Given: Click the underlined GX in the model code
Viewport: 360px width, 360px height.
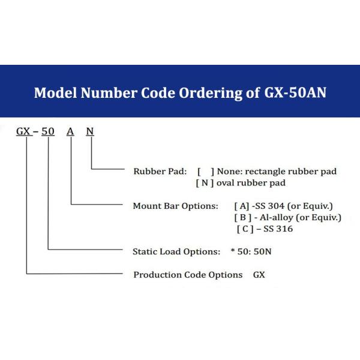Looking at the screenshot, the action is pyautogui.click(x=23, y=131).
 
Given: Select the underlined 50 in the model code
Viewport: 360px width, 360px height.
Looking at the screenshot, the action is pyautogui.click(x=48, y=131).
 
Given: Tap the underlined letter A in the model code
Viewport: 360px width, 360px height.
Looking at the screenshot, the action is pyautogui.click(x=70, y=131).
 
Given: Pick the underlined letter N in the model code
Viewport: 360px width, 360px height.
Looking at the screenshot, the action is pyautogui.click(x=90, y=131).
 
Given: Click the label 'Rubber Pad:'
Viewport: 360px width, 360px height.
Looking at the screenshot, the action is pyautogui.click(x=160, y=171).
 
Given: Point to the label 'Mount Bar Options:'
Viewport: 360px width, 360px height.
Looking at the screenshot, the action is pyautogui.click(x=175, y=206).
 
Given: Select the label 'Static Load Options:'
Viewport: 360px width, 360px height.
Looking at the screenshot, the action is pyautogui.click(x=176, y=251).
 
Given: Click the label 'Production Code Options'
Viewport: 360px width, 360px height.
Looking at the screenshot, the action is pyautogui.click(x=188, y=275).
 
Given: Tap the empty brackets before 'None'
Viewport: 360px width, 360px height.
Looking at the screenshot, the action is pyautogui.click(x=206, y=172).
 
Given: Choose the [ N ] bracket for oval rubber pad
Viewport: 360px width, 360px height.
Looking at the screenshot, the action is pyautogui.click(x=205, y=183).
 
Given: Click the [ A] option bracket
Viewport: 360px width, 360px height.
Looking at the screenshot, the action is pyautogui.click(x=242, y=206).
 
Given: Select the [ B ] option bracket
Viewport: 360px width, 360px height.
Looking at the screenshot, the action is pyautogui.click(x=242, y=217).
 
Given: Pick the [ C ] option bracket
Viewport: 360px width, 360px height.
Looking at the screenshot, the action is pyautogui.click(x=245, y=229).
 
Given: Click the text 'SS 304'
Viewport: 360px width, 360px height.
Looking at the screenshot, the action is pyautogui.click(x=270, y=206).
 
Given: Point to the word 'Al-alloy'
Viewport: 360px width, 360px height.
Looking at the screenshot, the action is pyautogui.click(x=277, y=217).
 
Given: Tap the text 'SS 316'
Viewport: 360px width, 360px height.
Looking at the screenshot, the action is pyautogui.click(x=278, y=229).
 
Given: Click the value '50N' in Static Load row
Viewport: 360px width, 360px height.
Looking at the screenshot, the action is pyautogui.click(x=262, y=251).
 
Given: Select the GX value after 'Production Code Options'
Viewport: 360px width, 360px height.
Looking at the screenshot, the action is pyautogui.click(x=259, y=275).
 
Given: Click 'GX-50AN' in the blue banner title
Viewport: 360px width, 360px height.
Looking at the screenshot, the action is pyautogui.click(x=295, y=92).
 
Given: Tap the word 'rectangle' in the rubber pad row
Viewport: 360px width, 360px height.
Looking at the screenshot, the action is pyautogui.click(x=265, y=172).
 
